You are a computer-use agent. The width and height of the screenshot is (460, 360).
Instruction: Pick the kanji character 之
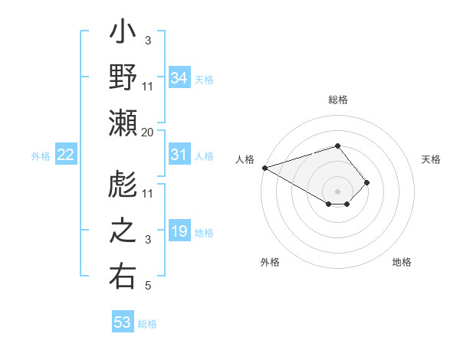point(123,233)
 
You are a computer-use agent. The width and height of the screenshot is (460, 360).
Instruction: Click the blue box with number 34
point(179,78)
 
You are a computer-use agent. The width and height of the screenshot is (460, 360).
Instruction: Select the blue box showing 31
point(179,155)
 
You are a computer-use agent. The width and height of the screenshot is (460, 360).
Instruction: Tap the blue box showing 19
point(179,232)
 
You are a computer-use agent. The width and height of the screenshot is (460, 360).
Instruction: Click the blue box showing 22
point(66,155)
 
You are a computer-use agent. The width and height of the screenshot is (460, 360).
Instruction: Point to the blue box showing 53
point(123,322)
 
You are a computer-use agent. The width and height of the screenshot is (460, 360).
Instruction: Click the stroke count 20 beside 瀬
point(148,133)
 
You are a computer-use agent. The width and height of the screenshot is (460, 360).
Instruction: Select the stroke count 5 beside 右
point(148,286)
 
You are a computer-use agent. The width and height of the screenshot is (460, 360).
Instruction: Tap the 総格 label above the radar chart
point(338,100)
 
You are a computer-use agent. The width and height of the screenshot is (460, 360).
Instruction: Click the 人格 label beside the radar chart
point(245,159)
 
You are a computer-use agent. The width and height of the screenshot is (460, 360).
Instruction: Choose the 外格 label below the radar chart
point(270,263)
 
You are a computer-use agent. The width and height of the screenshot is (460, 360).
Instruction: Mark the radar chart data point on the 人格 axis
point(264,168)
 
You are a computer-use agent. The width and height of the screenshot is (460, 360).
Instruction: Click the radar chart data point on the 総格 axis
point(338,146)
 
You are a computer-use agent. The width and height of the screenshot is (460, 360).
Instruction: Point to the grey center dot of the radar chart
point(338,191)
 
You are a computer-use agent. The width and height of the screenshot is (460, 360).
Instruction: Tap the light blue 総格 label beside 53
point(147,324)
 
